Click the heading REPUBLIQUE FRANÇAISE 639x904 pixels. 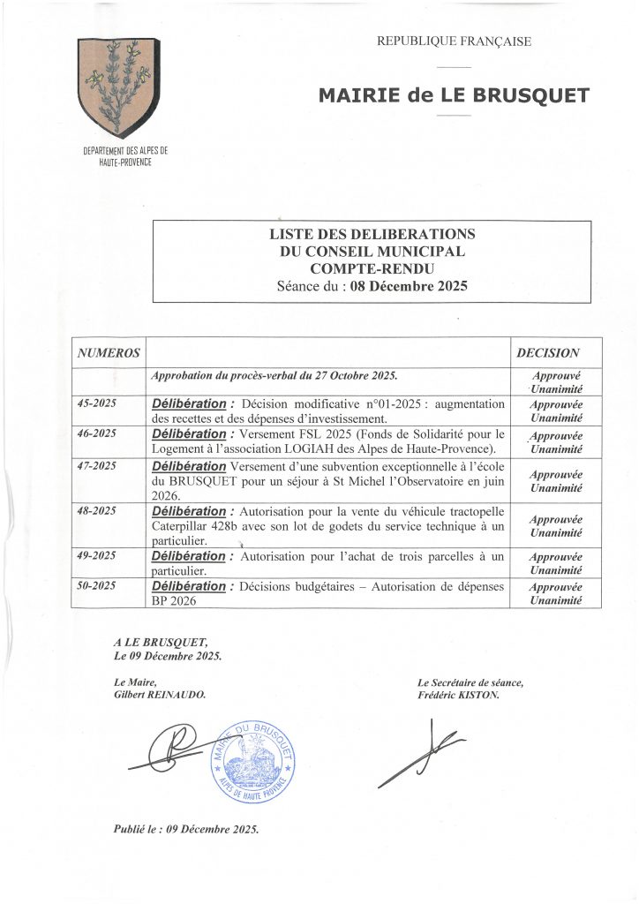[x=454, y=41]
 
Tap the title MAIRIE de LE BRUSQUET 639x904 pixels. [x=454, y=95]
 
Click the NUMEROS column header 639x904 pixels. [x=109, y=353]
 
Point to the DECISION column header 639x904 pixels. [x=548, y=353]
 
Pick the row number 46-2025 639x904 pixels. [x=97, y=433]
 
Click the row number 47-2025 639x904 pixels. [x=97, y=464]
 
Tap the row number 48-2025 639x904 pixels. [x=97, y=510]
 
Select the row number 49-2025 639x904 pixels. [x=97, y=555]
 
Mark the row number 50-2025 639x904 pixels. [x=97, y=585]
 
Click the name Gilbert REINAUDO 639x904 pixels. [x=159, y=695]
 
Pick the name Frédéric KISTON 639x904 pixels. [x=459, y=695]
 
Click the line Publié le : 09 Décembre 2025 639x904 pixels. [x=186, y=830]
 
